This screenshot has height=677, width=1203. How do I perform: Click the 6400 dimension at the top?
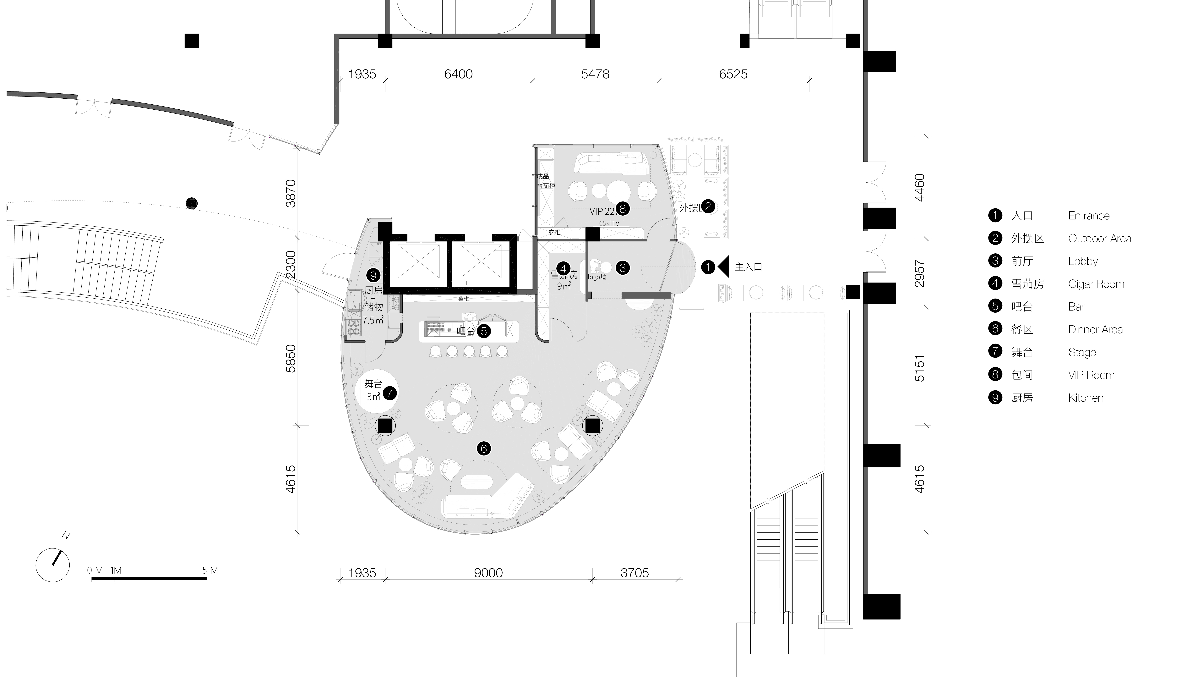[458, 74]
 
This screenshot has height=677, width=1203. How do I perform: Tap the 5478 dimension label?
[595, 74]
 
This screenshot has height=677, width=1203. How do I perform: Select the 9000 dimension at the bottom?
[488, 573]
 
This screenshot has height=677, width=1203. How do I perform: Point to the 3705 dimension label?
[634, 573]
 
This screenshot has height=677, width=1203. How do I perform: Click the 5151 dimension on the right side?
[919, 368]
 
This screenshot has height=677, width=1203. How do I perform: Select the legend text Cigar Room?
[1096, 284]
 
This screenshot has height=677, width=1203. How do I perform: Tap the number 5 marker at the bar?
[483, 331]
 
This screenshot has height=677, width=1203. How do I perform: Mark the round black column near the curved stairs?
[192, 203]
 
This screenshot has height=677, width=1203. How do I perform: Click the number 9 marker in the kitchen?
[373, 276]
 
